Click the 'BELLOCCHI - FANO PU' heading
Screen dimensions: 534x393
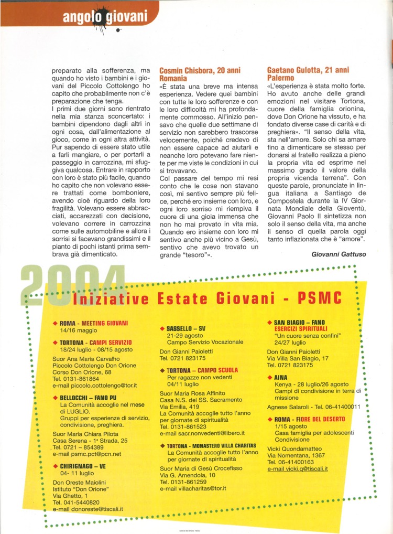(x=91, y=398)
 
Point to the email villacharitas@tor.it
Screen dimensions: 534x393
(x=193, y=488)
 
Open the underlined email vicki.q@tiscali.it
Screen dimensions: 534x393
(x=297, y=468)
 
